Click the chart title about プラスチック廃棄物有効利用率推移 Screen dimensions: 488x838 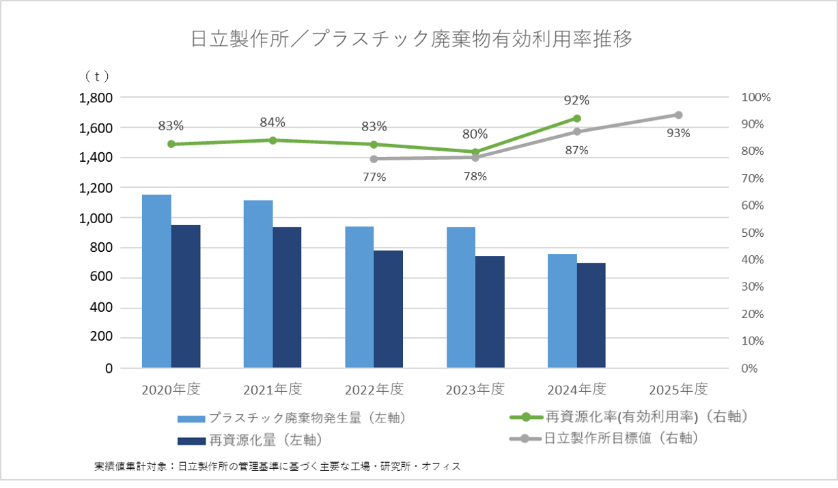(412, 39)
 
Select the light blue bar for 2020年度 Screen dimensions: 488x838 (156, 281)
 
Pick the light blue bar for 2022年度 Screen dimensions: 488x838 (359, 297)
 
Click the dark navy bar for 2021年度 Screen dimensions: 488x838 (287, 298)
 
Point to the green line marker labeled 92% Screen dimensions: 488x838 (577, 118)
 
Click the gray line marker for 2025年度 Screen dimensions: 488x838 (678, 115)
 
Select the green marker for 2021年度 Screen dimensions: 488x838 (273, 140)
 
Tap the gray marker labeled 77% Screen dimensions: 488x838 (374, 159)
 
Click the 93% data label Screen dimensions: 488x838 (678, 133)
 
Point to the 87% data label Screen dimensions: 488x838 (577, 150)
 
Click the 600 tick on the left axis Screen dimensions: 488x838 (101, 278)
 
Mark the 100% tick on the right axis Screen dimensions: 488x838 (756, 98)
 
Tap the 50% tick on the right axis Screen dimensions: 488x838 (754, 233)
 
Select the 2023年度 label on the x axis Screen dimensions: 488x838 (475, 390)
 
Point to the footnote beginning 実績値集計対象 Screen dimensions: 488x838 (277, 467)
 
